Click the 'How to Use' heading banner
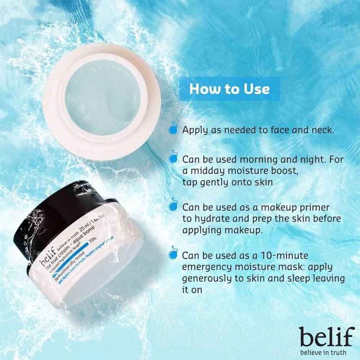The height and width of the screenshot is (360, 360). [x=229, y=89]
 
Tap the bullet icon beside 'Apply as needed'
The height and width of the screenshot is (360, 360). [x=173, y=130]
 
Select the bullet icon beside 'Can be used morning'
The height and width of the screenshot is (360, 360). [x=173, y=159]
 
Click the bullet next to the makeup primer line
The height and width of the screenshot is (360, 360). [x=173, y=207]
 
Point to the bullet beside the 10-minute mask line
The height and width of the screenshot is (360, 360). [x=173, y=255]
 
